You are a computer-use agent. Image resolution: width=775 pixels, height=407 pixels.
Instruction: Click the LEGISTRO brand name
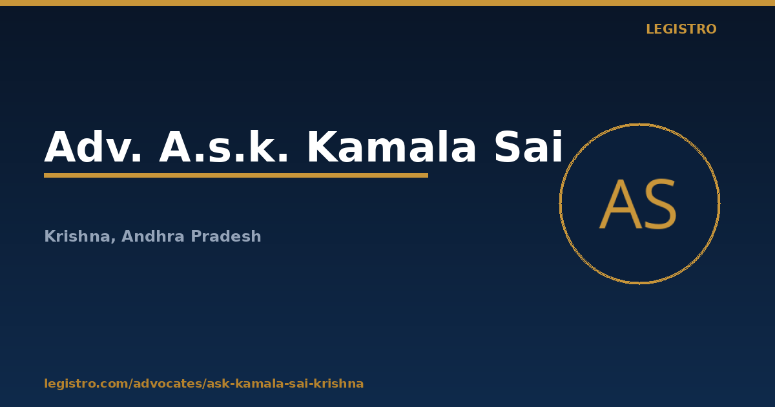coord(681,29)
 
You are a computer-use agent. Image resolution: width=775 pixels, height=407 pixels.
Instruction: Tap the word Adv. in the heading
coord(93,147)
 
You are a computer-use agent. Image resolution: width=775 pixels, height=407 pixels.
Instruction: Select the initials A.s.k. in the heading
coord(223,147)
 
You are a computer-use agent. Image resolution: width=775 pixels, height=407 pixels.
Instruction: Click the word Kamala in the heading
coord(391,147)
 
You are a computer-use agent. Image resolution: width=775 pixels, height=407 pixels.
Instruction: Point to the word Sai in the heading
coord(529,147)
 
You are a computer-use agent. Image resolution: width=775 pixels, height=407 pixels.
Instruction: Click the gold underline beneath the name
coord(236,176)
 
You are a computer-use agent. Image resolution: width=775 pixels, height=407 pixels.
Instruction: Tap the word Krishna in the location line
coord(77,236)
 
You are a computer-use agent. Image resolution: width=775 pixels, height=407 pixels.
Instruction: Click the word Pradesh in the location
coord(226,236)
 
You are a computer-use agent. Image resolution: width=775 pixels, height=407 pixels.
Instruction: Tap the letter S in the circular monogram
coord(661,204)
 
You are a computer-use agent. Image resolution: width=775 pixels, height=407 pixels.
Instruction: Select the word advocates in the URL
coord(169,384)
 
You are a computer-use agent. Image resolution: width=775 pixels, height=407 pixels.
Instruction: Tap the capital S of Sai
coord(508,147)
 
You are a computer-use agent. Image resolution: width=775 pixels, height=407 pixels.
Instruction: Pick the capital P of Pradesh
coord(196,236)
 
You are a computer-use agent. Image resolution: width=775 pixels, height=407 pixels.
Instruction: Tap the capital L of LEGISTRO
coord(650,29)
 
